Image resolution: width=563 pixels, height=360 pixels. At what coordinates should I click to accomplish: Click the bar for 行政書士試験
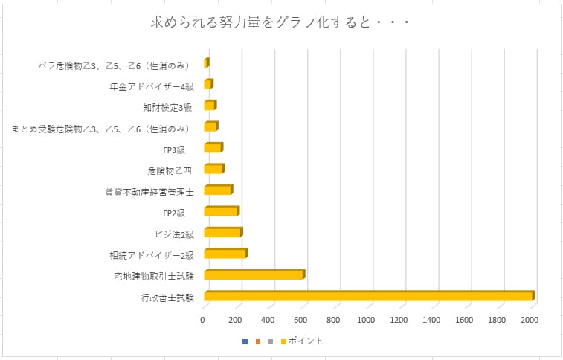point(368,297)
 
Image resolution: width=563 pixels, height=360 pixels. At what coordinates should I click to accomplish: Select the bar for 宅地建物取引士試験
point(253,275)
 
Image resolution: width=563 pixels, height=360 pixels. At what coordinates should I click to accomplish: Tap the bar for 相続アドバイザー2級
point(225,254)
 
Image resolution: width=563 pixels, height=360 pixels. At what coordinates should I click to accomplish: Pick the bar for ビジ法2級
point(222,233)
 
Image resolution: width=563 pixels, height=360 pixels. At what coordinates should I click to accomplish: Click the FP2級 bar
point(221,211)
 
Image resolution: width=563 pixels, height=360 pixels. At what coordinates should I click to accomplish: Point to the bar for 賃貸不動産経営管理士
point(217,190)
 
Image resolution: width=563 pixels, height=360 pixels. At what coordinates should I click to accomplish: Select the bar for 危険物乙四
point(213,169)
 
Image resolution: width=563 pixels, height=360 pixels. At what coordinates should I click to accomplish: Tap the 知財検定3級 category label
point(168,107)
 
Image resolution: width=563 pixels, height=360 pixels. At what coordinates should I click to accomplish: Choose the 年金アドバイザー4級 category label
point(151,86)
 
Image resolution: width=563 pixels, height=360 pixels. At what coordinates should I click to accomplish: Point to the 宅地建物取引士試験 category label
point(154,277)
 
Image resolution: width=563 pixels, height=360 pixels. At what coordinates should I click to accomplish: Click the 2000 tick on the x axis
point(529,321)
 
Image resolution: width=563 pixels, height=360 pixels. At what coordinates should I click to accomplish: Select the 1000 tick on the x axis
point(366,321)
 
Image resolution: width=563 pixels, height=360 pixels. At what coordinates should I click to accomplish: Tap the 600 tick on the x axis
point(301,321)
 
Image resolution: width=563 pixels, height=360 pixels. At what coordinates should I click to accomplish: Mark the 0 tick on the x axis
point(203,321)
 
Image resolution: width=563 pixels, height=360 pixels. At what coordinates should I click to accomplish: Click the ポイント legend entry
point(305,341)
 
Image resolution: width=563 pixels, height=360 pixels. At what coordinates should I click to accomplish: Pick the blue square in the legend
point(245,341)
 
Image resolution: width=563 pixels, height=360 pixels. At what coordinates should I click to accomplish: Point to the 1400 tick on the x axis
point(431,321)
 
